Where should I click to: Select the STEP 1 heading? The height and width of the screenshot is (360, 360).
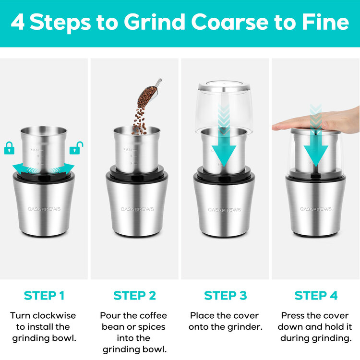coord(44,295)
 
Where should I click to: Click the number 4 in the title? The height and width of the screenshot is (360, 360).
coord(18,23)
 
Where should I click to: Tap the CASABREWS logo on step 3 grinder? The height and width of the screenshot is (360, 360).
coord(224,209)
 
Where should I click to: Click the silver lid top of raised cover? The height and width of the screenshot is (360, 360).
coord(224,87)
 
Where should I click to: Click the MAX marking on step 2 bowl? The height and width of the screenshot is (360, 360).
coord(127,150)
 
